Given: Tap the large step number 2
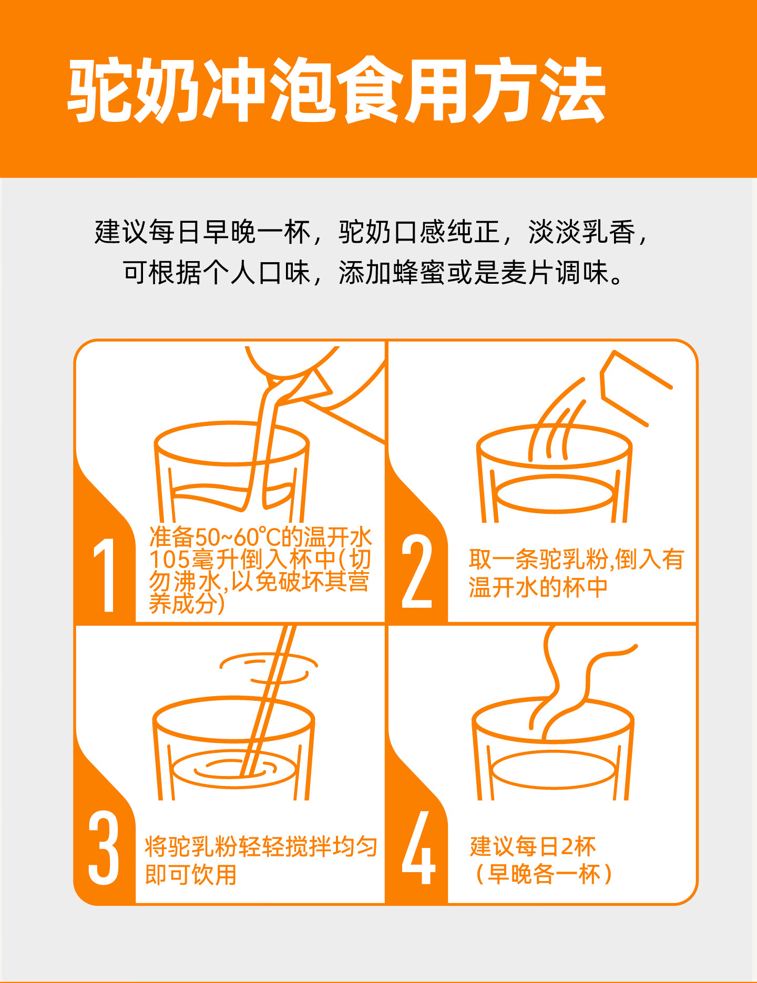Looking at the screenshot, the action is (x=417, y=572).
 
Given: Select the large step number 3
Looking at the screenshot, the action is (x=104, y=848).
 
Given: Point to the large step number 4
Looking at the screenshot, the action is (x=418, y=848).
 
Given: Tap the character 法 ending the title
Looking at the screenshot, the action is (x=572, y=90).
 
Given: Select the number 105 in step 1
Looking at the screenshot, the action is (x=169, y=560).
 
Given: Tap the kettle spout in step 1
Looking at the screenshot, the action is (x=297, y=386).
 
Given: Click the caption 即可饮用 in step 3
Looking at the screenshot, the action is (x=191, y=875).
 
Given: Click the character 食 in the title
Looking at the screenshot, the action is (x=370, y=90).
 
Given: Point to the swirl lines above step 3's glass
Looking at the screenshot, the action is (x=269, y=667).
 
